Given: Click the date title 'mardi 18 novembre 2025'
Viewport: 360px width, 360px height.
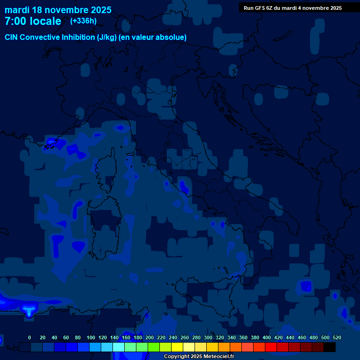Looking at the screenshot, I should tap(58, 10).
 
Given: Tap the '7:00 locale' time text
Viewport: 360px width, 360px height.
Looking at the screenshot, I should tap(33, 21).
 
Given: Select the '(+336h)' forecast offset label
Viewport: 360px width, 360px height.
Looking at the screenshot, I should tap(83, 21).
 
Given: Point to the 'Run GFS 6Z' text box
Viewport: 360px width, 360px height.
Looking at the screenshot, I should tap(292, 7).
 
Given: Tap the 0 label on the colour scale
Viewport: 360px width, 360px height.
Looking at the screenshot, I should tap(30, 337).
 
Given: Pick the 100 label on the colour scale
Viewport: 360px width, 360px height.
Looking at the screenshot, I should tap(91, 337).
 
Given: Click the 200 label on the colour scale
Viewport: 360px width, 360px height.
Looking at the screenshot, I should tap(150, 337).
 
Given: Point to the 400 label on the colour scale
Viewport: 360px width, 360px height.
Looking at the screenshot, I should tap(267, 337).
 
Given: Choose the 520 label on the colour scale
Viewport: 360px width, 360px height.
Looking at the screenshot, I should tap(337, 337).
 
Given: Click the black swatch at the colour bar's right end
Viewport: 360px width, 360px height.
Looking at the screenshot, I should tap(330, 347).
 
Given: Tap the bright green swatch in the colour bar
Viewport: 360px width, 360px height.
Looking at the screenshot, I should tap(154, 347).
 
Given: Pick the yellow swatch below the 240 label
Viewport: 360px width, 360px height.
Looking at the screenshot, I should tap(177, 347).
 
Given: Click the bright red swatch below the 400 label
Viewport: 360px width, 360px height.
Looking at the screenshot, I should tap(271, 347).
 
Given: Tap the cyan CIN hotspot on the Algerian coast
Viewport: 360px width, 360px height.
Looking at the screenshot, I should tap(29, 310).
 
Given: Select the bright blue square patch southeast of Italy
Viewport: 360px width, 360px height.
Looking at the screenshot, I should tap(306, 285).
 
